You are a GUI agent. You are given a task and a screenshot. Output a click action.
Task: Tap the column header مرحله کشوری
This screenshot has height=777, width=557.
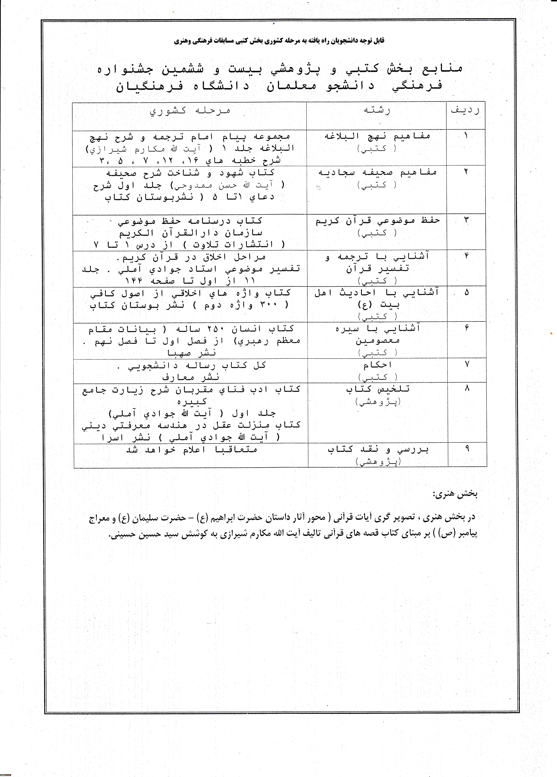[x=190, y=111]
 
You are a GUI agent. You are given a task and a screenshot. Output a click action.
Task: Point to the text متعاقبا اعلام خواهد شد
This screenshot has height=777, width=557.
[x=192, y=450]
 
